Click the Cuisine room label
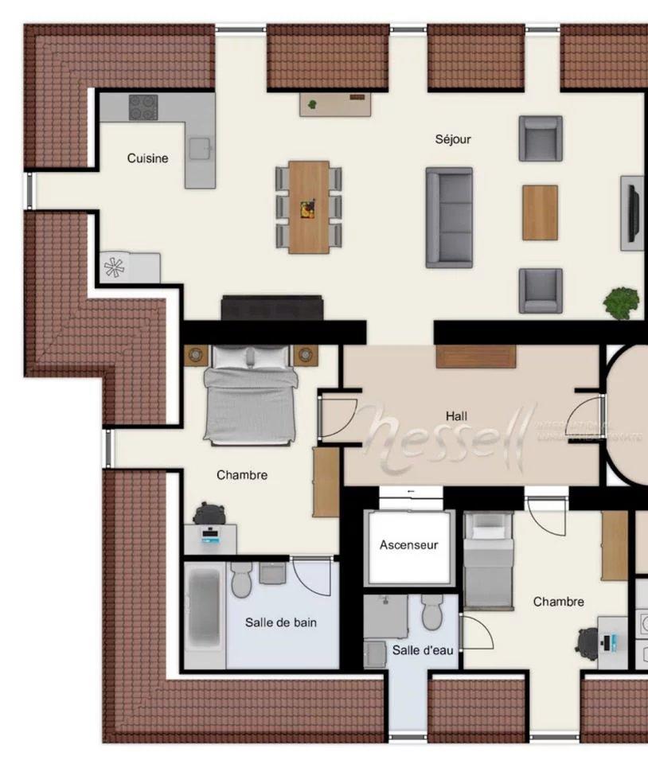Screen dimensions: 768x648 147,158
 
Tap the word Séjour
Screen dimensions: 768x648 453,139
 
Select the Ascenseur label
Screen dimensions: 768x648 408,545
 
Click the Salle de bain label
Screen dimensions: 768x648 280,622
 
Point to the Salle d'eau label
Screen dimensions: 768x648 423,650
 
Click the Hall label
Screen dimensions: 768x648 457,416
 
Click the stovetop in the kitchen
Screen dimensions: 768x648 143,107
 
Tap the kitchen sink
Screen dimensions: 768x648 199,148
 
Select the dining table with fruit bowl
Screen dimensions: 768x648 308,207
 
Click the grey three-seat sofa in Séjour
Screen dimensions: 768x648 449,217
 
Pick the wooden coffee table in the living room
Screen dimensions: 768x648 540,212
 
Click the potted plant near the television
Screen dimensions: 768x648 621,302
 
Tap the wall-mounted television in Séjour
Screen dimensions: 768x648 633,212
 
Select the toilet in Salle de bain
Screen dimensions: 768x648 241,580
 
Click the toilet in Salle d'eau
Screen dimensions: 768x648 432,611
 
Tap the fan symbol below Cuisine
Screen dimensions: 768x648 115,268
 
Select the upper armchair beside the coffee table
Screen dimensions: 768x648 541,138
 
